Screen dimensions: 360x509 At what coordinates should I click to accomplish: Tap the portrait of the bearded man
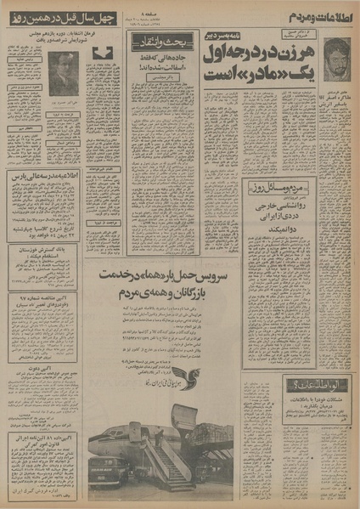click(337, 59)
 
